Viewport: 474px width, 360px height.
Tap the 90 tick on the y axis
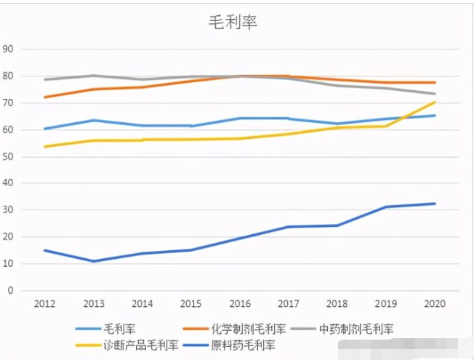point(9,49)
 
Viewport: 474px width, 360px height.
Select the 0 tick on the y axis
point(11,290)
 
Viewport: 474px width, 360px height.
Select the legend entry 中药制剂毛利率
point(357,329)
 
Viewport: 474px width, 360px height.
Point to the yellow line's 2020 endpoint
point(435,103)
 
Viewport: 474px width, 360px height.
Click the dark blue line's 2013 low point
point(94,261)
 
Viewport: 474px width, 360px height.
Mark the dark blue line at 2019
point(386,207)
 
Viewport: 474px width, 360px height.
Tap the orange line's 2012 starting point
point(45,97)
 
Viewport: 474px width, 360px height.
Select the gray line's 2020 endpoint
point(435,94)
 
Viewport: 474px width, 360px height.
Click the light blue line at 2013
point(94,120)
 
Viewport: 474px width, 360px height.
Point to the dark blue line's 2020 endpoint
point(435,204)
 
